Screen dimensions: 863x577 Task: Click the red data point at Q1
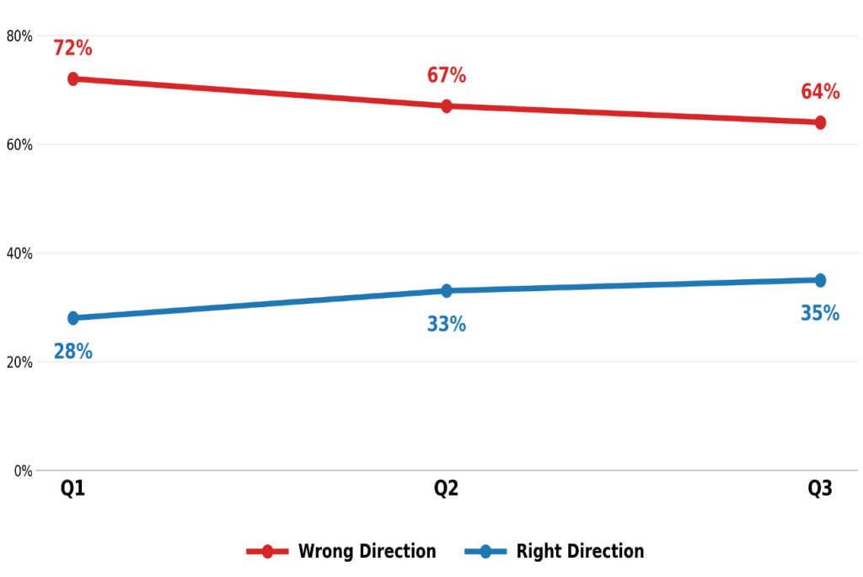coord(73,78)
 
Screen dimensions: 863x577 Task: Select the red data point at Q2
coord(447,105)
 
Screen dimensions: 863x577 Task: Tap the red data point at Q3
coord(820,122)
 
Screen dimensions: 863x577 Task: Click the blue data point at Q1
coord(73,318)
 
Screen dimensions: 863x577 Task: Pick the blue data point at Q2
coord(447,290)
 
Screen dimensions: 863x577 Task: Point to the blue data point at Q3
coord(820,280)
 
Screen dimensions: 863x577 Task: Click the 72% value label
coord(72,48)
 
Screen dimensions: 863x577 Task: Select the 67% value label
coord(447,75)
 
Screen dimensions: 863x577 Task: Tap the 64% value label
coord(820,91)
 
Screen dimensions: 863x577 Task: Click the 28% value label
coord(72,351)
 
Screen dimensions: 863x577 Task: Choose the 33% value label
coord(447,323)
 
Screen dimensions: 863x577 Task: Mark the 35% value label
coord(820,313)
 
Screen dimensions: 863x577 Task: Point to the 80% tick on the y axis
coord(19,36)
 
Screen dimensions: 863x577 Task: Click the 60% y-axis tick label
coord(19,145)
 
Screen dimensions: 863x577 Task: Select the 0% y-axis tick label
coord(23,472)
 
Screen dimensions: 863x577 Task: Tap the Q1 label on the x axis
coord(72,488)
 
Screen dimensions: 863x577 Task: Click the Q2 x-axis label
coord(446,488)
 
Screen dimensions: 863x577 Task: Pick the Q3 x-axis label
coord(819,488)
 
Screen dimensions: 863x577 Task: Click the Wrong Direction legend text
coord(367,551)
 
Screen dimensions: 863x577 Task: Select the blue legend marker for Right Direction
coord(485,551)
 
